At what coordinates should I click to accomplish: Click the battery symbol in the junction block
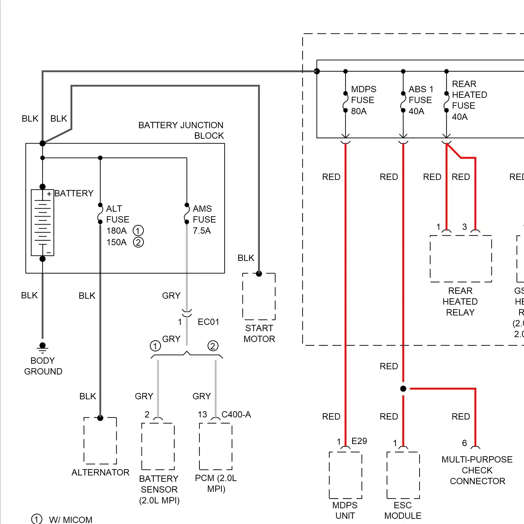(x=43, y=223)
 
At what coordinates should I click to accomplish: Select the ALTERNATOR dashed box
(x=100, y=441)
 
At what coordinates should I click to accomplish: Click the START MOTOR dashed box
(x=259, y=296)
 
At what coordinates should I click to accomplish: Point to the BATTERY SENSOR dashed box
(x=158, y=446)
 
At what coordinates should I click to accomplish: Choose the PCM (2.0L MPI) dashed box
(x=216, y=446)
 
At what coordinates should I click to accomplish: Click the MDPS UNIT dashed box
(x=345, y=475)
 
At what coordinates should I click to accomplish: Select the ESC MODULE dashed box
(x=403, y=475)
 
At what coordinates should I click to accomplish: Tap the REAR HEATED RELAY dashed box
(x=461, y=259)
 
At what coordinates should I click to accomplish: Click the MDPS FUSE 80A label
(x=363, y=100)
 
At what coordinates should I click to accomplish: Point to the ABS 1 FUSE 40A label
(x=421, y=100)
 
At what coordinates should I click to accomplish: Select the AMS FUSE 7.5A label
(x=204, y=219)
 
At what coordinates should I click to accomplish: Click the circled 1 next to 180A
(x=138, y=231)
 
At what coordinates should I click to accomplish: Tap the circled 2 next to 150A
(x=138, y=242)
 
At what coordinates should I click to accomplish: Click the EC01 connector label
(x=208, y=322)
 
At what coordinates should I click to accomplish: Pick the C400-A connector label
(x=236, y=414)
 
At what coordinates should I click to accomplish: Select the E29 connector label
(x=359, y=441)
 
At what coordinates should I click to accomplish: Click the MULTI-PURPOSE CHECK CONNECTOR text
(x=477, y=470)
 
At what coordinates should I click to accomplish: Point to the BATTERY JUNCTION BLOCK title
(x=181, y=130)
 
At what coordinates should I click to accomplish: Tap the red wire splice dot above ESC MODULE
(x=403, y=388)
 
